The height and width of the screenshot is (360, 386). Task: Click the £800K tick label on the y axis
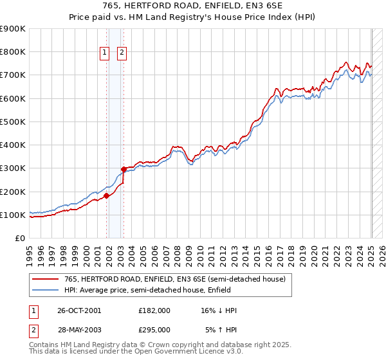pos(13,52)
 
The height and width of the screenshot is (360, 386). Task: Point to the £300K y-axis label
pos(13,168)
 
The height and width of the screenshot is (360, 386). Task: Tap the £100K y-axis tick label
pos(13,215)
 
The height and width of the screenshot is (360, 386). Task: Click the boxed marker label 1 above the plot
pos(104,53)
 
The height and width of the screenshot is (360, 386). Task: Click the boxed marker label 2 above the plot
pos(122,53)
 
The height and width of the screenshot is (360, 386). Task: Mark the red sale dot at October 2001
pos(107,196)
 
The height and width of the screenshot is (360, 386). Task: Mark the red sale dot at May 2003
pos(124,170)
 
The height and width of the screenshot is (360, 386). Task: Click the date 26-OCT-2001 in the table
pos(80,310)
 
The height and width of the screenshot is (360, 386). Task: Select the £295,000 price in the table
pos(154,329)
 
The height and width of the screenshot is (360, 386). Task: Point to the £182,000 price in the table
pos(154,310)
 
